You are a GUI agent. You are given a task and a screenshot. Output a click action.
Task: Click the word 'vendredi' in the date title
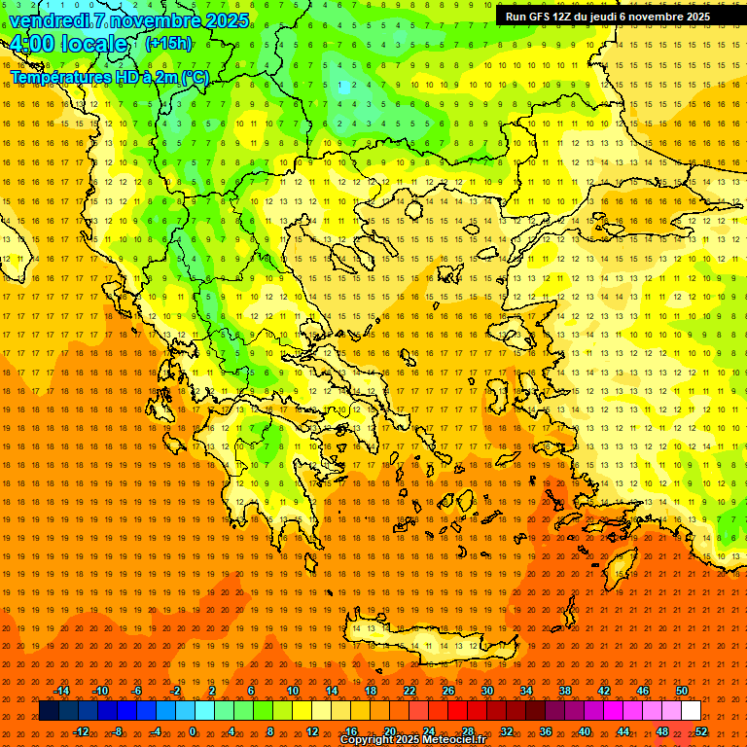(50, 20)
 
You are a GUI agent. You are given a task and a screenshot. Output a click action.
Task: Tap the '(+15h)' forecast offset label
(168, 44)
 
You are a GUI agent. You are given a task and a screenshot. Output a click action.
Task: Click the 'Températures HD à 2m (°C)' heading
(109, 77)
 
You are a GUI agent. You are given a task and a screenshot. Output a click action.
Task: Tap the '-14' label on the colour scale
(61, 691)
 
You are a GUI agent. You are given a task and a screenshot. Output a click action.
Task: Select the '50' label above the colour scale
(682, 691)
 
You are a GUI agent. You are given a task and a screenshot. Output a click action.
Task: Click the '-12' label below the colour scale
(82, 731)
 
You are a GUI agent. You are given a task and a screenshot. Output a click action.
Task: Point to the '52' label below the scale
(701, 731)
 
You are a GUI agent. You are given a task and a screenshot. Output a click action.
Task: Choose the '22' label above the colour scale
(409, 691)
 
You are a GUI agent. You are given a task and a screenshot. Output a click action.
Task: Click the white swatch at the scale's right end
(691, 711)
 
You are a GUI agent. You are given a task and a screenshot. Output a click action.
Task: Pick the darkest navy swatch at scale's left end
(49, 711)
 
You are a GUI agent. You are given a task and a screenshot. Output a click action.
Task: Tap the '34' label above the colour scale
(526, 691)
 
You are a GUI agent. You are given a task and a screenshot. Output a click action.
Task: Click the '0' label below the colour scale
(192, 731)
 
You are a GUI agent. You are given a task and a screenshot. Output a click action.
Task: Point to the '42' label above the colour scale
(604, 691)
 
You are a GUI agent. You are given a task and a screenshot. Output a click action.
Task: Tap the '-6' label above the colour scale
(137, 691)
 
